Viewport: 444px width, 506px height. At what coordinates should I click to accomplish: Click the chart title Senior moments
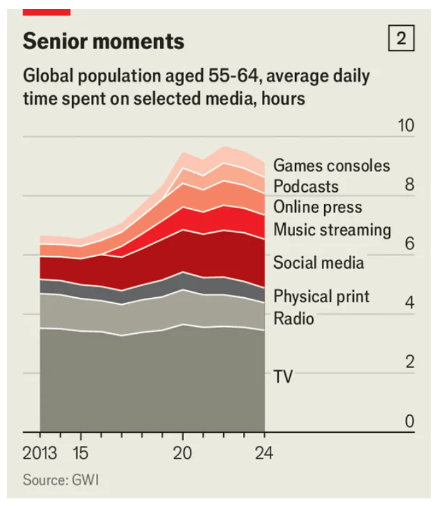pyautogui.click(x=103, y=42)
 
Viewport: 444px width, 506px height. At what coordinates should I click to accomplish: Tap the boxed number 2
pyautogui.click(x=401, y=40)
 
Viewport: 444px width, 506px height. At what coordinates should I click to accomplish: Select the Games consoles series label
pyautogui.click(x=332, y=166)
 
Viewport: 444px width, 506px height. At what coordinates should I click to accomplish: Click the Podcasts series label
pyautogui.click(x=306, y=187)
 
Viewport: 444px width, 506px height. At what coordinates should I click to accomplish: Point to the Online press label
pyautogui.click(x=318, y=208)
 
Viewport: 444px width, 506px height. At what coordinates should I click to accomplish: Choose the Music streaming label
pyautogui.click(x=332, y=229)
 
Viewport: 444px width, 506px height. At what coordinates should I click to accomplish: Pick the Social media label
pyautogui.click(x=318, y=262)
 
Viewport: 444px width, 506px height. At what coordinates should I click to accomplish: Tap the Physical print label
pyautogui.click(x=322, y=297)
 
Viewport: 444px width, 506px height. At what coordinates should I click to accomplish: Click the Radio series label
pyautogui.click(x=293, y=319)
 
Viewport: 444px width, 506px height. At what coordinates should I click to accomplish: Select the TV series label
pyautogui.click(x=283, y=377)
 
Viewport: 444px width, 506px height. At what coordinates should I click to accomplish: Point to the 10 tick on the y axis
pyautogui.click(x=406, y=126)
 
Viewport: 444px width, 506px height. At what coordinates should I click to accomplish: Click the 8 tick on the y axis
pyautogui.click(x=409, y=185)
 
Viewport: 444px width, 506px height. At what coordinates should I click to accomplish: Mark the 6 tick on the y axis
pyautogui.click(x=409, y=244)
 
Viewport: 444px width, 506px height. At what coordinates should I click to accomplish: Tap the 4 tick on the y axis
pyautogui.click(x=409, y=303)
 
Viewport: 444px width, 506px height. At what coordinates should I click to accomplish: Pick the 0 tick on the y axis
pyautogui.click(x=409, y=421)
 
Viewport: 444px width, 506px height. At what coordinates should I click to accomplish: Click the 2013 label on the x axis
pyautogui.click(x=40, y=453)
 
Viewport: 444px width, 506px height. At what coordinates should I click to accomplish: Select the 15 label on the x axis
pyautogui.click(x=81, y=453)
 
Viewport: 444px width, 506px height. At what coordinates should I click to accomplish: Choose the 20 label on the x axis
pyautogui.click(x=183, y=453)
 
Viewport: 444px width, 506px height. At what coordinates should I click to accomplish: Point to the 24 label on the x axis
pyautogui.click(x=264, y=453)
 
